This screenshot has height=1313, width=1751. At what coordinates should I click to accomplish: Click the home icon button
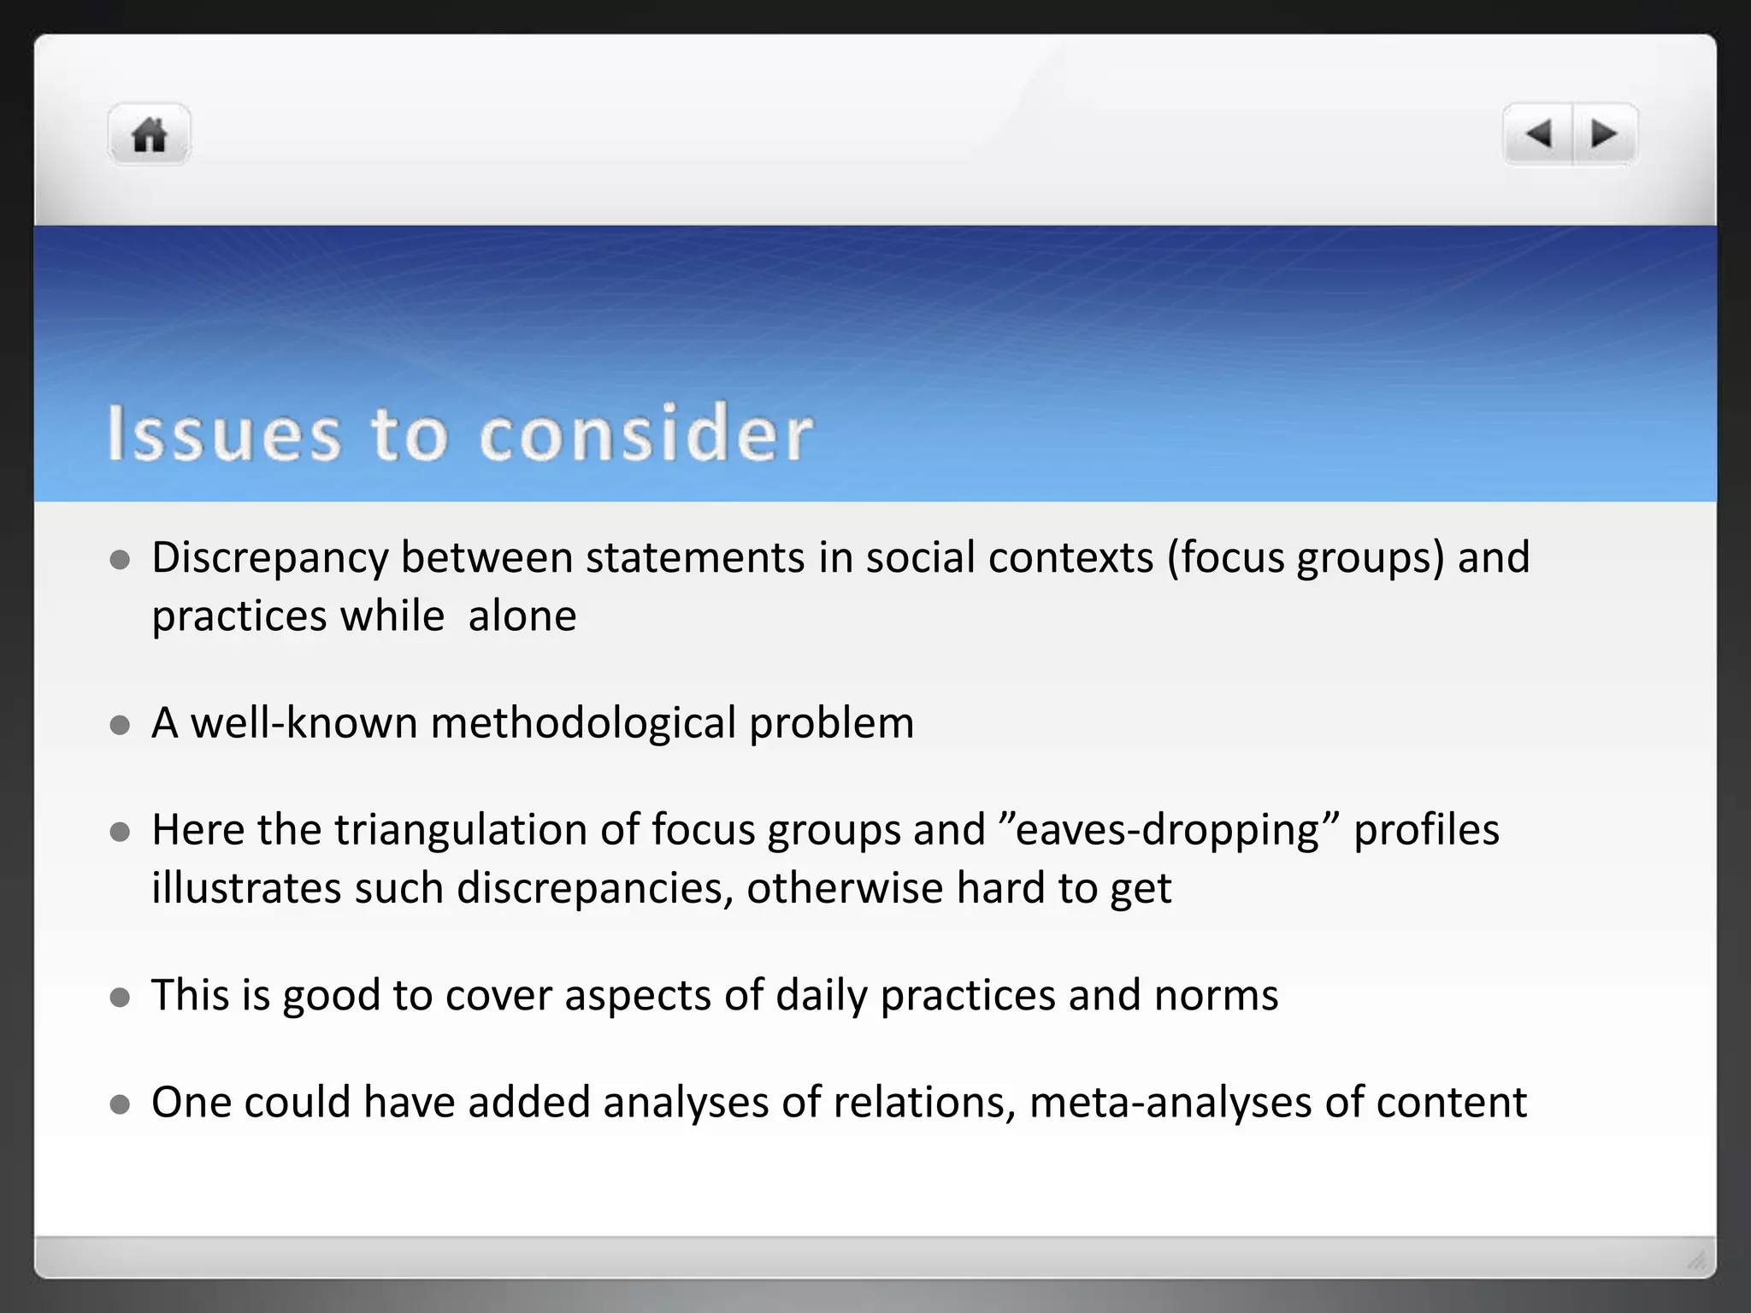coord(149,135)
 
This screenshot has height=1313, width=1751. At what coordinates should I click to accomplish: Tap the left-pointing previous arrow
coord(1538,134)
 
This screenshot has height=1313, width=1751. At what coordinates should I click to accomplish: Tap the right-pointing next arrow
coord(1604,134)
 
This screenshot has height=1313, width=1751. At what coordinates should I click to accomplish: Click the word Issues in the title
coord(224,433)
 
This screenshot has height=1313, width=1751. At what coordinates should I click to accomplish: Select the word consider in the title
coord(646,433)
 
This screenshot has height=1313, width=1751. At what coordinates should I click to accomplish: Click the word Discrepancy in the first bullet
coord(270,558)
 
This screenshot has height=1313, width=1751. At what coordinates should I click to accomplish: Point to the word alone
coord(522,616)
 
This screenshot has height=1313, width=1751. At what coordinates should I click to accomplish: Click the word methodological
coord(583,723)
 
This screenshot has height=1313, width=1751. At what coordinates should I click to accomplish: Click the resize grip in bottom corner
coord(1696,1260)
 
